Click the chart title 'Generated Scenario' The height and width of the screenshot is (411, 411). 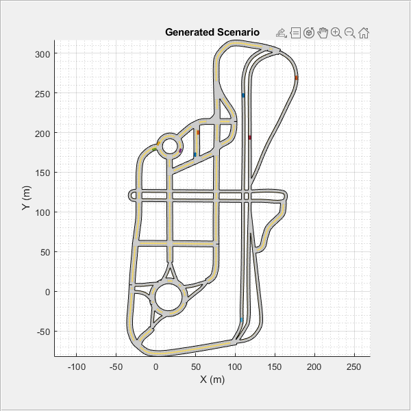[x=212, y=32]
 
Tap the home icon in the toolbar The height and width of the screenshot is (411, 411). [x=364, y=33]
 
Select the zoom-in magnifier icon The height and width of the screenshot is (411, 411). [x=336, y=33]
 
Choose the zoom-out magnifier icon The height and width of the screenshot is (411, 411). [x=349, y=33]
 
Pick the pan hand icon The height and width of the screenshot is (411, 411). [x=323, y=33]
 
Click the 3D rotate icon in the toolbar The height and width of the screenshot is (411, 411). [x=309, y=33]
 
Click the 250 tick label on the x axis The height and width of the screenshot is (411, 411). [x=354, y=367]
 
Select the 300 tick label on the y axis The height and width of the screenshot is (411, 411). [x=42, y=55]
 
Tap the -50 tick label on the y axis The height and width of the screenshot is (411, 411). [x=44, y=332]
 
